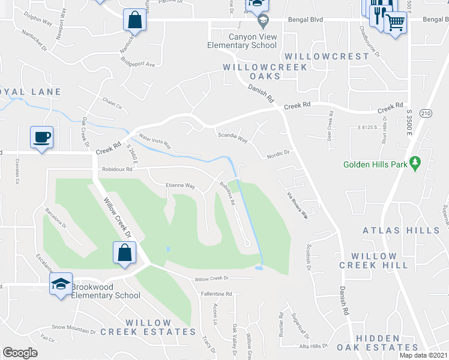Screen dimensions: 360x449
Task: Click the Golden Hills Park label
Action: click(375, 164)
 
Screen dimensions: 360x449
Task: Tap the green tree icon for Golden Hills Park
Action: click(414, 163)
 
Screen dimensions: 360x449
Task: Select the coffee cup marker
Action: click(42, 137)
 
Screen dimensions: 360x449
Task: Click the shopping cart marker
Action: click(394, 23)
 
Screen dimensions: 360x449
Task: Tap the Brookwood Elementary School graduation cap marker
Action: click(61, 284)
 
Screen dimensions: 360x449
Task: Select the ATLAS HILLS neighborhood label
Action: click(401, 230)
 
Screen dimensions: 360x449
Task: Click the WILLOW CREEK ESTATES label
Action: click(148, 327)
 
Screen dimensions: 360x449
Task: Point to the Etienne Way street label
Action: click(181, 186)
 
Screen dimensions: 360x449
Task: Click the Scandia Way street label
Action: click(232, 139)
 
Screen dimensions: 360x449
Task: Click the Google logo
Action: click(20, 353)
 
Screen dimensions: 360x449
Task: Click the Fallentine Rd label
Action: click(217, 294)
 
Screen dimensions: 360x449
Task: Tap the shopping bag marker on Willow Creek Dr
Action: click(124, 252)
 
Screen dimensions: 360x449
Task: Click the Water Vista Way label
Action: click(155, 141)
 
